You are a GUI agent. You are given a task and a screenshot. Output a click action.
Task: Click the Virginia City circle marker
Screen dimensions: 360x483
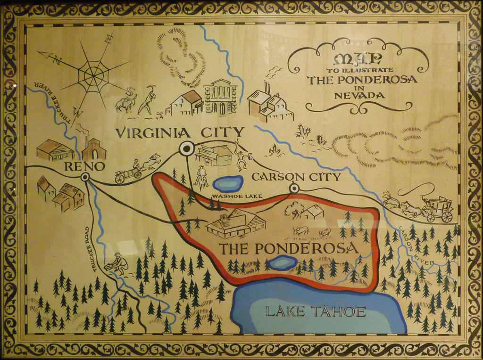click(187, 149)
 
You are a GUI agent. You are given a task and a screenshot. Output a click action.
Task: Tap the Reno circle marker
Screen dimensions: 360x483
click(85, 177)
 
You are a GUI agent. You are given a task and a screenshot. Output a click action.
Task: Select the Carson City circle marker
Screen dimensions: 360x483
click(294, 188)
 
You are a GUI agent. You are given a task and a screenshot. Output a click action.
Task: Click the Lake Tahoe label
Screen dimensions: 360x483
click(316, 311)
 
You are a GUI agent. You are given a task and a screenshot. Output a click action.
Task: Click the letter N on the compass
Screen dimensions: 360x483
click(57, 60)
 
